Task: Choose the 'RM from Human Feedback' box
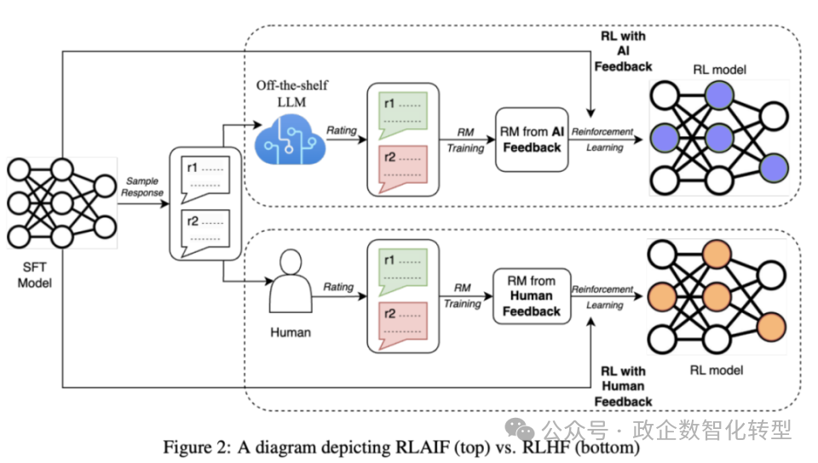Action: pos(532,296)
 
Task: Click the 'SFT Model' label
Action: pos(34,274)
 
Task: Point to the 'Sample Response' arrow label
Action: pos(143,186)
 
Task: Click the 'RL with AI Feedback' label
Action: pos(623,51)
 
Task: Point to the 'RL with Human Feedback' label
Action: pos(623,386)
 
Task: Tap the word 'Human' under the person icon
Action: pos(291,333)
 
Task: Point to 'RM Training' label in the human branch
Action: pos(463,295)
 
